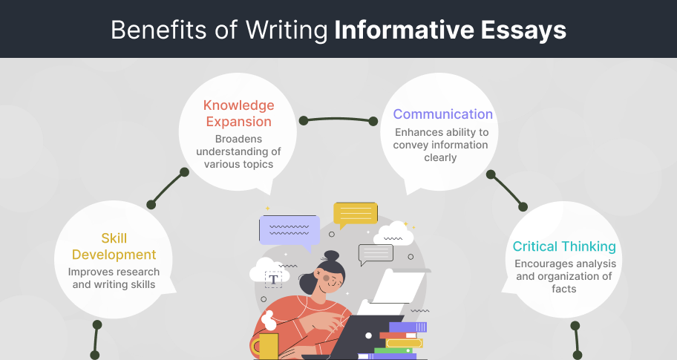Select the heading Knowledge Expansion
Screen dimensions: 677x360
[x=239, y=113]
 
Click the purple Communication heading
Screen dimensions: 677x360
[x=442, y=114]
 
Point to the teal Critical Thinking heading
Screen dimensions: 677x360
[x=564, y=246]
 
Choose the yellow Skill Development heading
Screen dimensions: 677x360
[x=114, y=246]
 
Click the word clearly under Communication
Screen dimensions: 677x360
[x=440, y=157]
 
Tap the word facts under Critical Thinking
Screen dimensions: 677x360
[x=564, y=289]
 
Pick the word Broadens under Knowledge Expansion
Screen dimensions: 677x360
[x=238, y=139]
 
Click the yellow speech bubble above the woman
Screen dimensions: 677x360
[x=356, y=215]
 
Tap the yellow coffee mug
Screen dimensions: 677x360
[x=265, y=346]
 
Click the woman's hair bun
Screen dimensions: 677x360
[x=332, y=255]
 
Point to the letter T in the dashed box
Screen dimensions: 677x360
[x=273, y=280]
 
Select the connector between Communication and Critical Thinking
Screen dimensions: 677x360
[x=506, y=190]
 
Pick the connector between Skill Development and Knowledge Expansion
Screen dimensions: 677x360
[x=168, y=189]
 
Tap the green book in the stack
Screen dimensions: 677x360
[x=392, y=350]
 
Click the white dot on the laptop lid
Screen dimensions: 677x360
[x=368, y=336]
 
